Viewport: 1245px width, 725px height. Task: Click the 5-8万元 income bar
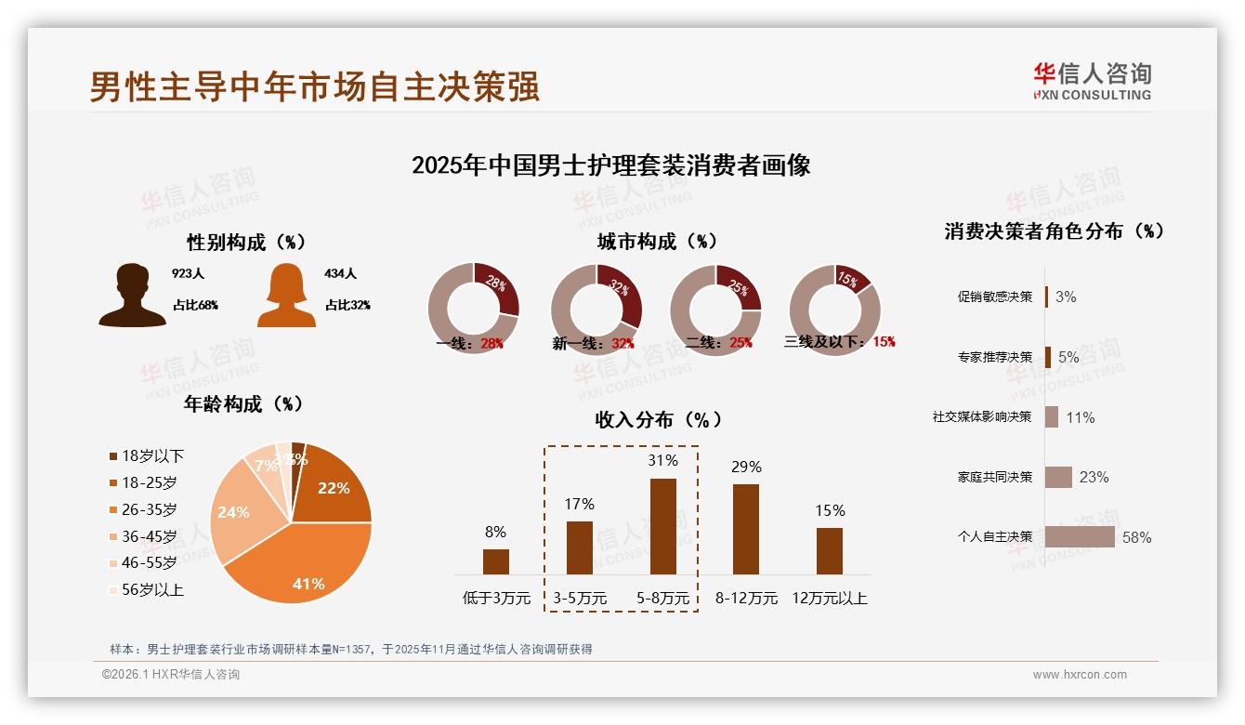pos(662,526)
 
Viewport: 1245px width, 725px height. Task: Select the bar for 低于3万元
pos(496,561)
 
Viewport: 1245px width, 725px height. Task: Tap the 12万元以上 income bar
pos(830,551)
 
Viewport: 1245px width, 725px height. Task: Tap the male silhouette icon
pos(133,295)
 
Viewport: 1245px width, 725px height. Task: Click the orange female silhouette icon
pos(287,295)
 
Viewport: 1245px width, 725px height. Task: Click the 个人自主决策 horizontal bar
pos(1080,536)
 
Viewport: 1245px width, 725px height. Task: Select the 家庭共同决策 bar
pos(1058,477)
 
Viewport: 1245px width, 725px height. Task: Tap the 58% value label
pos(1136,537)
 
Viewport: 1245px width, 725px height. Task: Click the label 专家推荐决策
pos(994,357)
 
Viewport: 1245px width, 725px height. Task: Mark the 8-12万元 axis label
pos(746,599)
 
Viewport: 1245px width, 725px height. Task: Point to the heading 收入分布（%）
pos(658,420)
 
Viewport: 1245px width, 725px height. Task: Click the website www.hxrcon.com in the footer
pos(1080,675)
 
